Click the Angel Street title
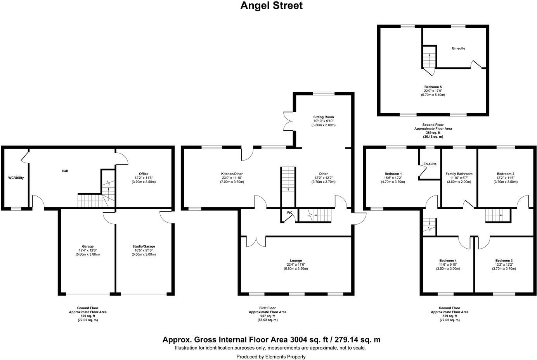pyautogui.click(x=271, y=6)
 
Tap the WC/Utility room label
pyautogui.click(x=16, y=178)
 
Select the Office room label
pyautogui.click(x=144, y=174)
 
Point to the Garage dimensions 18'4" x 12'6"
pyautogui.click(x=87, y=250)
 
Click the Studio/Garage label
pyautogui.click(x=144, y=246)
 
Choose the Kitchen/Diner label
pyautogui.click(x=232, y=174)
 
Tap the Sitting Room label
pyautogui.click(x=323, y=117)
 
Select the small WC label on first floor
pyautogui.click(x=289, y=213)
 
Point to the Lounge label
pyautogui.click(x=296, y=261)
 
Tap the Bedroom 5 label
pyautogui.click(x=433, y=87)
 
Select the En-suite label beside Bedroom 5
pyautogui.click(x=458, y=48)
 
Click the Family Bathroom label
pyautogui.click(x=459, y=174)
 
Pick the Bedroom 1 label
pyautogui.click(x=393, y=174)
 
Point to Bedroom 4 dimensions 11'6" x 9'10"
pyautogui.click(x=448, y=264)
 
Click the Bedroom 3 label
pyautogui.click(x=504, y=260)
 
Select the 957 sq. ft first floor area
pyautogui.click(x=267, y=316)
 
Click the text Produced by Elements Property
pyautogui.click(x=271, y=357)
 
